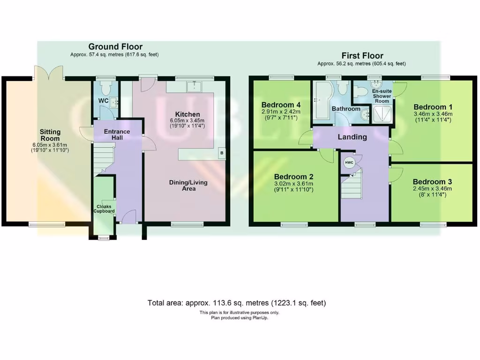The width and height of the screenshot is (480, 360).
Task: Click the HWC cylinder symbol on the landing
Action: click(x=349, y=163)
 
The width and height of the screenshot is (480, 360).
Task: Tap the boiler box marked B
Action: click(x=222, y=153)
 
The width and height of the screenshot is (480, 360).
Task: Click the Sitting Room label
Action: click(x=50, y=135)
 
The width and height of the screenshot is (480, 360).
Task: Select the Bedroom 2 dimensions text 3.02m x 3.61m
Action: click(x=293, y=183)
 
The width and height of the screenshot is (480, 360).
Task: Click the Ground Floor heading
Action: click(x=115, y=46)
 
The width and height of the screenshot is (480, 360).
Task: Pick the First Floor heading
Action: click(x=362, y=55)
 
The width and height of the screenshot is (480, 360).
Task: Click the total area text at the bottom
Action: click(x=237, y=303)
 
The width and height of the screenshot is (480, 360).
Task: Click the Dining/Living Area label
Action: click(x=188, y=185)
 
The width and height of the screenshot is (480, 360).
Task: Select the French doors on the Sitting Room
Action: click(x=49, y=73)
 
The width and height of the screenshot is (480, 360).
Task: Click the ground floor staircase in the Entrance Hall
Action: click(x=104, y=157)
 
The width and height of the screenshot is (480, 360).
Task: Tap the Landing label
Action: click(x=352, y=137)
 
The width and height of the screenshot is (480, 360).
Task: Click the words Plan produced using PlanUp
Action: click(x=240, y=317)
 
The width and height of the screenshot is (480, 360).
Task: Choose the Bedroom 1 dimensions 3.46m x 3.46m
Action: click(x=434, y=113)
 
